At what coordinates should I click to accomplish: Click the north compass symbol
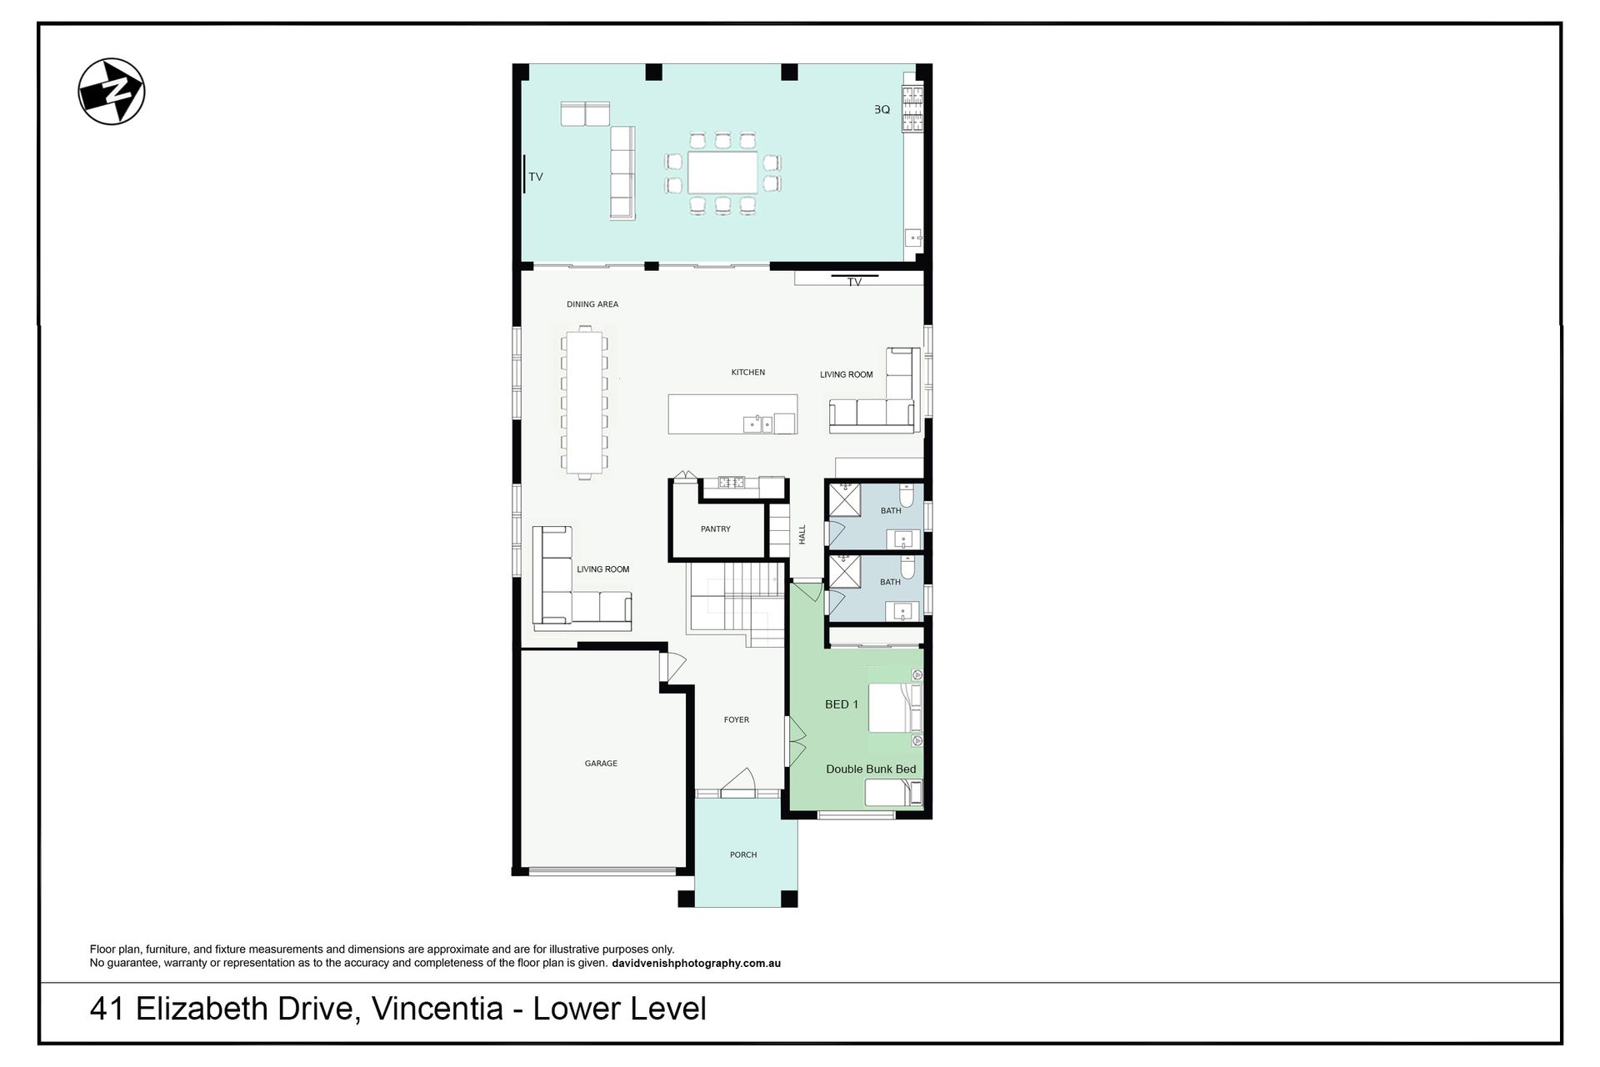click(x=112, y=92)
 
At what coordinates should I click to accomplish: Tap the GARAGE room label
click(x=601, y=764)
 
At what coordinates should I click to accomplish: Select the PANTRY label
click(x=716, y=529)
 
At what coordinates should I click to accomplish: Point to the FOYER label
click(x=737, y=720)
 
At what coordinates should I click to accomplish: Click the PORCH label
click(x=743, y=855)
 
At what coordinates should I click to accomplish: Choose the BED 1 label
click(x=842, y=704)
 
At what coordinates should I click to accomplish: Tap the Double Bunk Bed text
click(x=871, y=769)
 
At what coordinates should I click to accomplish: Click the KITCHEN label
click(x=748, y=373)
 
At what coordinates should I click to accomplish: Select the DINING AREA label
click(x=592, y=304)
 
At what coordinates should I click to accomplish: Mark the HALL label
click(x=802, y=534)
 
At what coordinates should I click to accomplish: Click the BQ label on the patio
click(x=882, y=109)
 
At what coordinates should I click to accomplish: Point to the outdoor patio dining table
click(x=722, y=173)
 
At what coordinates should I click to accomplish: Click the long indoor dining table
click(x=584, y=403)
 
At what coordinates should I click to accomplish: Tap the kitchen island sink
click(x=758, y=423)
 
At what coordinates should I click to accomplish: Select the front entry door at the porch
click(x=738, y=784)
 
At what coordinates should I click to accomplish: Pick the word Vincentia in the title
click(x=437, y=1009)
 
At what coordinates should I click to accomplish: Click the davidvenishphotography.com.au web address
click(x=696, y=964)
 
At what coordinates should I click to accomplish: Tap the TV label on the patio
click(x=536, y=177)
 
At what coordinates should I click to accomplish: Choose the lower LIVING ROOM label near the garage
click(x=603, y=569)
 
